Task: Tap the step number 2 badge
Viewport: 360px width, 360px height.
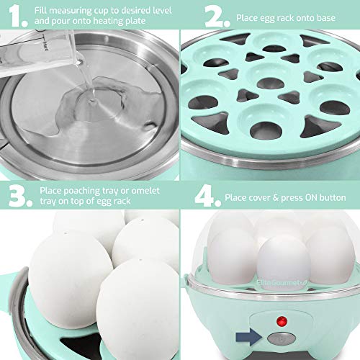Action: tap(199, 15)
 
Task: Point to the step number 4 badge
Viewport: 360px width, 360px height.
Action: tap(199, 194)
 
